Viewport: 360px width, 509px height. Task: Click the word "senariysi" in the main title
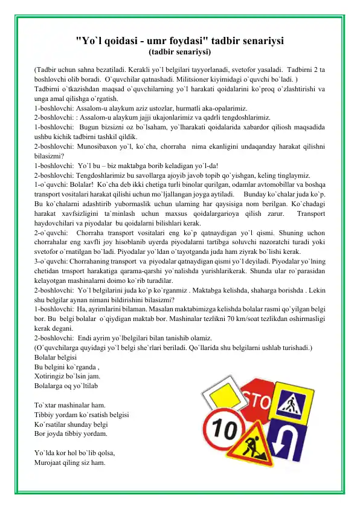(x=249, y=41)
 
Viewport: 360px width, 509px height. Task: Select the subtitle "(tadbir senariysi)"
(x=179, y=53)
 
